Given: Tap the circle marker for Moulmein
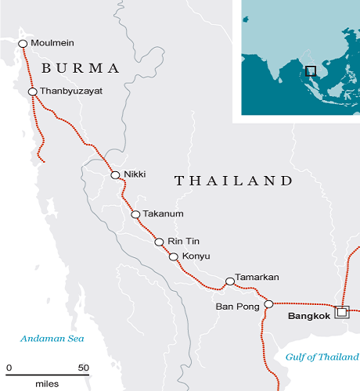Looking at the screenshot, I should click(23, 43).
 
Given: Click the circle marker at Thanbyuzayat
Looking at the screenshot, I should click(33, 92).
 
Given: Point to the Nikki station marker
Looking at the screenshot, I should click(116, 175).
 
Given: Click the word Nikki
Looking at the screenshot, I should click(136, 174).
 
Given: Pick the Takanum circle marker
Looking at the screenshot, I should click(135, 214).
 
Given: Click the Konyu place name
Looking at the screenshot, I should click(197, 257).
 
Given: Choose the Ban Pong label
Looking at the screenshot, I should click(237, 307).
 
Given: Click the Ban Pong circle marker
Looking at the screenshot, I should click(268, 304).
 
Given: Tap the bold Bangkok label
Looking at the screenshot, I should click(311, 317).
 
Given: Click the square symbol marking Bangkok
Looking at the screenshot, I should click(341, 312).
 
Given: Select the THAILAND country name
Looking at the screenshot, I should click(232, 181).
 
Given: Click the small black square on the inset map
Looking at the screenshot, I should click(311, 71).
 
